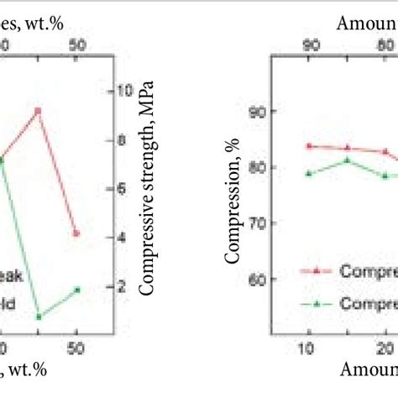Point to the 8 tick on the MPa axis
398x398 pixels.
click(x=123, y=139)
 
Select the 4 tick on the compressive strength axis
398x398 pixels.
click(x=123, y=238)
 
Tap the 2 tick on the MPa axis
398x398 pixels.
click(x=123, y=287)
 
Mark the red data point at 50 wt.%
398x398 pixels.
click(x=76, y=233)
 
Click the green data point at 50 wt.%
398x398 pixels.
click(x=76, y=290)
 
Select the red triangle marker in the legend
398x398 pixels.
click(x=317, y=271)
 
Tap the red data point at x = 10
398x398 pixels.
click(x=309, y=146)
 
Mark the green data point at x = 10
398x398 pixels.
click(x=309, y=173)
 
